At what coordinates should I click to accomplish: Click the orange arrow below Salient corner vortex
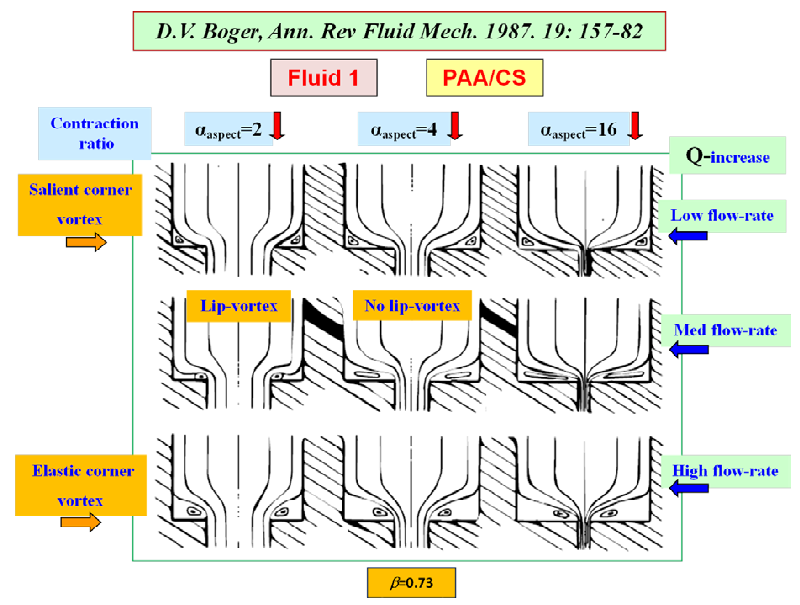pyautogui.click(x=86, y=242)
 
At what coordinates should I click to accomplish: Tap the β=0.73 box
pyautogui.click(x=411, y=582)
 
